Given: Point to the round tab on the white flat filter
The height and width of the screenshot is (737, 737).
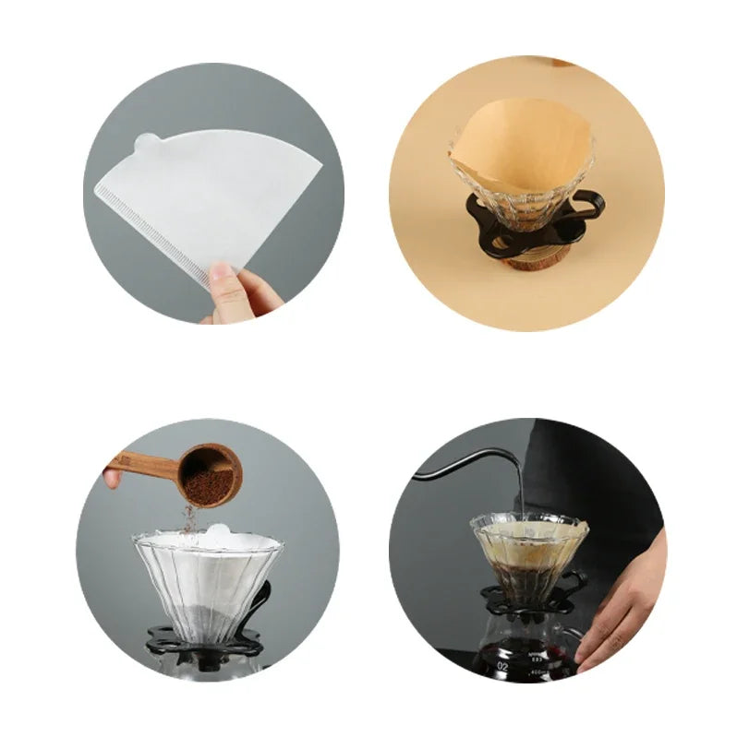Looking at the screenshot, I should click(147, 143).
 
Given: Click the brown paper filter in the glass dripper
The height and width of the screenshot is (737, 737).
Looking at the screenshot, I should click(522, 148).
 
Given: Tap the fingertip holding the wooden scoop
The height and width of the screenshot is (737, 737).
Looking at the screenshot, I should click(112, 479).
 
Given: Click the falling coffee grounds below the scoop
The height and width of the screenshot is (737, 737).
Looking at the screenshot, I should click(190, 520).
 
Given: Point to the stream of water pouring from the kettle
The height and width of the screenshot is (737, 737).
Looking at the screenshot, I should click(520, 493).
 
